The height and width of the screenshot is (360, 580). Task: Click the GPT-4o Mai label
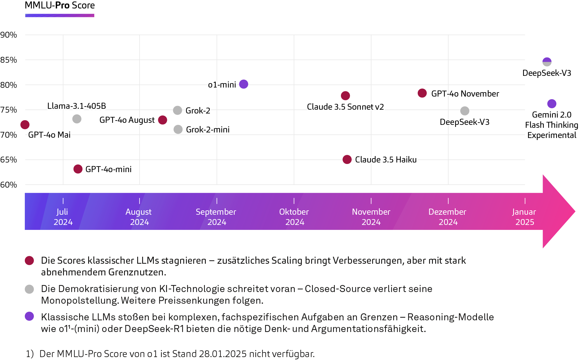tap(49, 135)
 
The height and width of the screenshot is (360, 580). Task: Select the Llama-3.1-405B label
tap(76, 106)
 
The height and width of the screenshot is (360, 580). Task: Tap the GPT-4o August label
tap(127, 120)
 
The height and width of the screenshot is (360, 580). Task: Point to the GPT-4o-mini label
tap(108, 169)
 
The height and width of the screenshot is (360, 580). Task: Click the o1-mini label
tap(222, 85)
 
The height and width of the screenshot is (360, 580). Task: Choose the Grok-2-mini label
tap(208, 130)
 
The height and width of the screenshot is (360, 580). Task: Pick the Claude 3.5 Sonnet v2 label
tap(345, 107)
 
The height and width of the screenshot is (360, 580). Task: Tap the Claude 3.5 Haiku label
tap(386, 160)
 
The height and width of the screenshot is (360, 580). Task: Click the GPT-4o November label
tap(465, 94)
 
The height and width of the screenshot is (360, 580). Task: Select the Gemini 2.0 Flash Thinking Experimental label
tap(551, 125)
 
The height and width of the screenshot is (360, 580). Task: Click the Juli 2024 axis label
tap(63, 217)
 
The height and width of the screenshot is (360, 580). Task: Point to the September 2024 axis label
tap(216, 217)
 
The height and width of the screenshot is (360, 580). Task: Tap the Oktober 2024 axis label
tap(294, 217)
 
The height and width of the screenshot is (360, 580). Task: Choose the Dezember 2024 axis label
tap(447, 217)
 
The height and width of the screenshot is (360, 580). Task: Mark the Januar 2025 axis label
tap(524, 217)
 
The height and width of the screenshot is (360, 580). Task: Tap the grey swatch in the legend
tap(32, 292)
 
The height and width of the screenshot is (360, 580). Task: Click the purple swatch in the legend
tap(32, 319)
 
